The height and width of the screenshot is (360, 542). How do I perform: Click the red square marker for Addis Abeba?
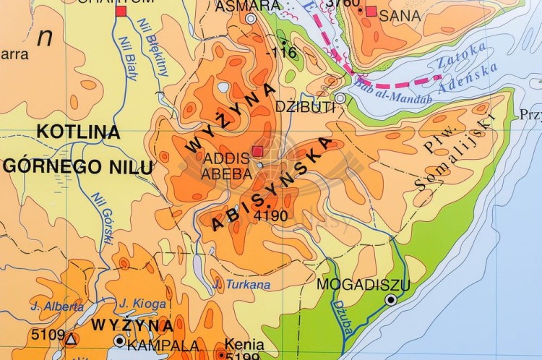coord(258,151)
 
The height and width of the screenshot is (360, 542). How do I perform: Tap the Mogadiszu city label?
coord(363,284)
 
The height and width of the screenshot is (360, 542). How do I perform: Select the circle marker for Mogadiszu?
coord(391,299)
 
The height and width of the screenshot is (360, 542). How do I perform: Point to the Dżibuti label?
coord(306,107)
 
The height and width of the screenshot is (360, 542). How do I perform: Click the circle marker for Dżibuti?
coord(340,98)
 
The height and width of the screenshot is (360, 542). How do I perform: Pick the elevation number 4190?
coord(271,215)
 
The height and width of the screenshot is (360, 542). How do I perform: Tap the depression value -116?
coord(281,52)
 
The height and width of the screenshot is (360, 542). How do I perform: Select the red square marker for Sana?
coord(371,11)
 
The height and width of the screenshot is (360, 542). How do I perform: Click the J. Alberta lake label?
coord(57,307)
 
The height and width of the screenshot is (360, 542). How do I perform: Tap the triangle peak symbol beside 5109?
coord(71,338)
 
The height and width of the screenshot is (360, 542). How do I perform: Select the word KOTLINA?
coord(78,132)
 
